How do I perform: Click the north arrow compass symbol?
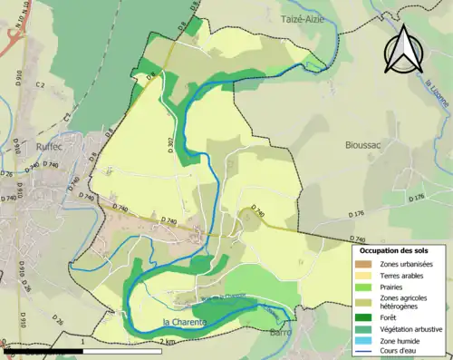pos(405,50)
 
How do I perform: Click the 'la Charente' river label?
pos(186,322)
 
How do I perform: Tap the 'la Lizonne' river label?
pos(439,96)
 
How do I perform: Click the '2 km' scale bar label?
pos(169,342)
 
